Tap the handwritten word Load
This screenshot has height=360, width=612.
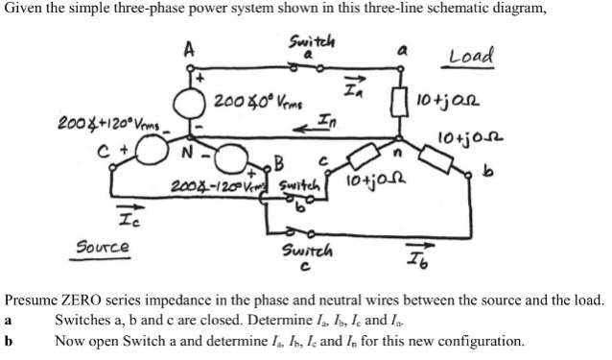(x=469, y=57)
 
